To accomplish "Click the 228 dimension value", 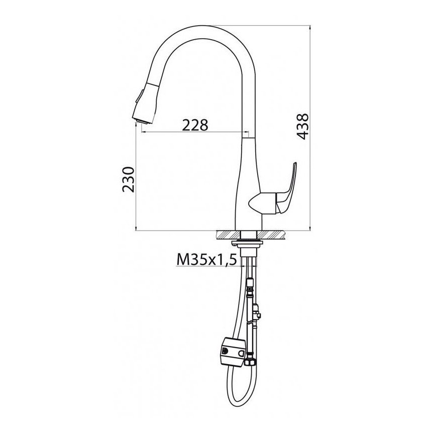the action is (195, 126).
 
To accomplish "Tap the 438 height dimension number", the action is (302, 126).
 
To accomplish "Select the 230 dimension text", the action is (129, 179).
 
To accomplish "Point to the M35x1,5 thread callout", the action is (206, 260).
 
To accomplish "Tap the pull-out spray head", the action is (146, 103).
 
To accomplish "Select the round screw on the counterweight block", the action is (225, 351).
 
